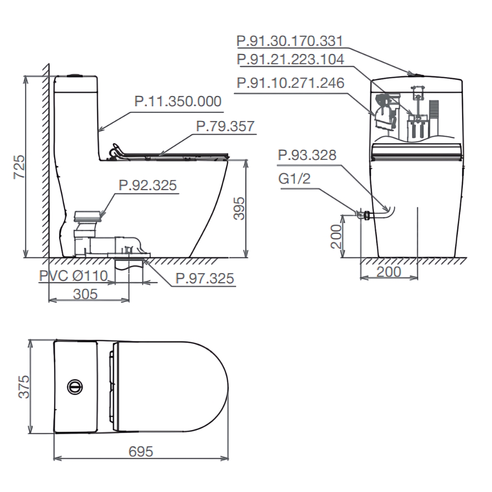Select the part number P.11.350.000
click(178, 101)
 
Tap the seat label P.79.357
click(225, 126)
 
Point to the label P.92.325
click(148, 185)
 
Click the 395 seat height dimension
click(239, 208)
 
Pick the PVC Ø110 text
click(73, 276)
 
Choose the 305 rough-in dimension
click(85, 294)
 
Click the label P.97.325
click(205, 278)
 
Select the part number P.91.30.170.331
click(290, 41)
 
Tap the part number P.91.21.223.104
click(290, 60)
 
